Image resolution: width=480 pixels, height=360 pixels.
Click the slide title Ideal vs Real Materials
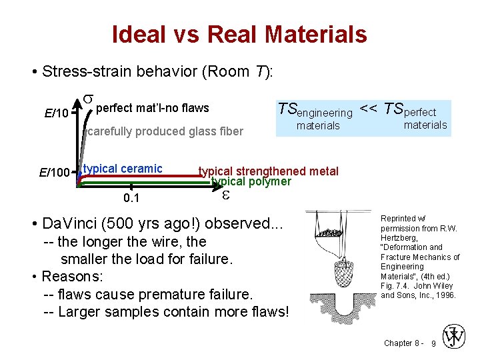tap(239, 34)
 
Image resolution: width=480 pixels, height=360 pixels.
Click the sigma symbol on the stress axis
tap(88, 101)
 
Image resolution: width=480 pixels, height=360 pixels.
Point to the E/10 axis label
tap(56, 113)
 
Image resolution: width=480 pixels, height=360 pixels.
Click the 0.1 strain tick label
tap(131, 199)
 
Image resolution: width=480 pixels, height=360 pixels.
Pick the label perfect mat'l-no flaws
tap(153, 108)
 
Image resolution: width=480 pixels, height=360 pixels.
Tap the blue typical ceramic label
tap(123, 169)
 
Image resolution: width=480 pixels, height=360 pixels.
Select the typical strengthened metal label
tap(269, 171)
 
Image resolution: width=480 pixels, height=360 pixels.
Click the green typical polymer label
tap(251, 181)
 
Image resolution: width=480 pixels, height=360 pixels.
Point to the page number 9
tap(434, 343)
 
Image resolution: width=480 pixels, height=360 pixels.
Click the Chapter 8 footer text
tap(402, 343)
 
